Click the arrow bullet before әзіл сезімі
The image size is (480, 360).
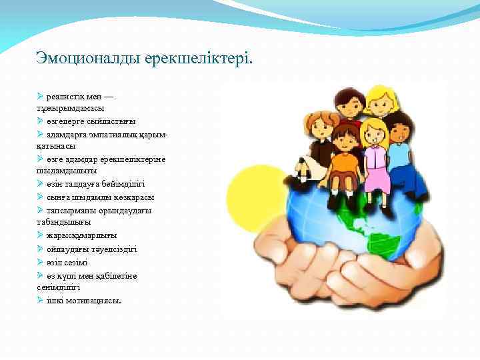click(x=41, y=262)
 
